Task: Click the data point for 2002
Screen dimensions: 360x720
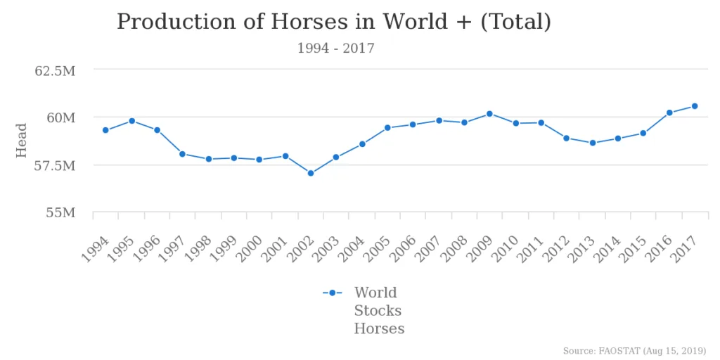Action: tap(311, 173)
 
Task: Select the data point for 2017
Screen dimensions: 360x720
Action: tap(695, 106)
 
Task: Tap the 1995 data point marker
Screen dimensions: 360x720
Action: tap(131, 121)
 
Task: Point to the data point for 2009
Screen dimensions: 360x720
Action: tap(489, 114)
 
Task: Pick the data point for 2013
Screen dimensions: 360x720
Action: tap(593, 143)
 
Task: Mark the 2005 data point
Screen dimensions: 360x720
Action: tap(387, 128)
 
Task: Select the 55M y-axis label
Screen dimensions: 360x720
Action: tap(60, 213)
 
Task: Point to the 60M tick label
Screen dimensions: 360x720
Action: tap(60, 117)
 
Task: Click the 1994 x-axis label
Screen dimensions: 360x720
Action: tap(96, 250)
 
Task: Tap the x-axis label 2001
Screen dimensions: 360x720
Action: tap(275, 250)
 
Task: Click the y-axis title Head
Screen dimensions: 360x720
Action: tap(22, 141)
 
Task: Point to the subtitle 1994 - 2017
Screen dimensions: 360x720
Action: tap(335, 49)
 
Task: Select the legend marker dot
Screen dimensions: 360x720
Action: tap(332, 293)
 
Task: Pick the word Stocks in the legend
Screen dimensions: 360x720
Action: tap(378, 311)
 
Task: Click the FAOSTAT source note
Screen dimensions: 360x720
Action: tap(634, 351)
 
